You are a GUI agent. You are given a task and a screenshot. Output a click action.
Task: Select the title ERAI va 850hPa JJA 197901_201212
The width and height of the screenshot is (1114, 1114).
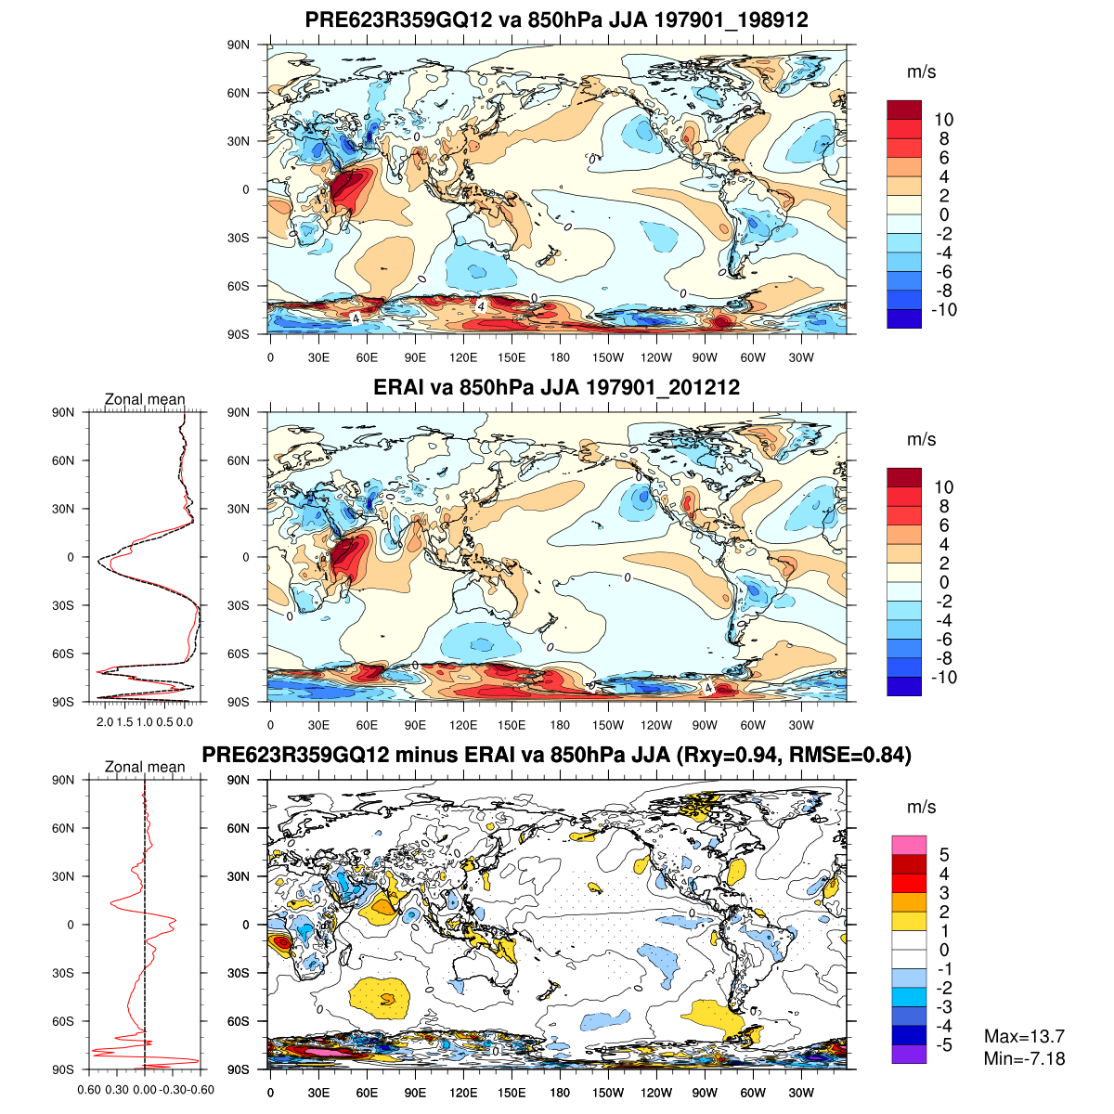(x=556, y=387)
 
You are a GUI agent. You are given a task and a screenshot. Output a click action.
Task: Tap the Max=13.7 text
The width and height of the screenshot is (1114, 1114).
(x=1024, y=1037)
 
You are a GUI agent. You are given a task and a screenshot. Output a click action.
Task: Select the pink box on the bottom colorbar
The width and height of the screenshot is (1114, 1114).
(x=909, y=845)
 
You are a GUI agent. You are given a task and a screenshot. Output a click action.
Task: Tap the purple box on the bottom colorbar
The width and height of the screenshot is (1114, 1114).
(x=909, y=1054)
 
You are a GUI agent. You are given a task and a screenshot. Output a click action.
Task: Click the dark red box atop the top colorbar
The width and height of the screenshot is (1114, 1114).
(x=904, y=110)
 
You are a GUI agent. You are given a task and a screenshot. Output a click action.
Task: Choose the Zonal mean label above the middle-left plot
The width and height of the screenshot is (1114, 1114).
(x=145, y=400)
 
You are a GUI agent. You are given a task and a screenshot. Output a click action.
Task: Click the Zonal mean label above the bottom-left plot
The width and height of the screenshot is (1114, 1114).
(x=145, y=767)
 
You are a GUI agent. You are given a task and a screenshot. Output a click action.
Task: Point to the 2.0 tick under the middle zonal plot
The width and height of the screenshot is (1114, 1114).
(x=105, y=721)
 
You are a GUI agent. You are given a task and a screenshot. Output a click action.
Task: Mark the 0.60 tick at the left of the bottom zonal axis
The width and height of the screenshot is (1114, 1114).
(x=89, y=1090)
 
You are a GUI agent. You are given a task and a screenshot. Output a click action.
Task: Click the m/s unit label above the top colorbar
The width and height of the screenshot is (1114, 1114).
(x=921, y=71)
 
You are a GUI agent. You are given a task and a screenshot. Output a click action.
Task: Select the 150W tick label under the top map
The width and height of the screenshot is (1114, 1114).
(x=608, y=357)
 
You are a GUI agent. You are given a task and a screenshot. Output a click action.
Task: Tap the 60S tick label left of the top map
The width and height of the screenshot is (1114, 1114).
(x=240, y=286)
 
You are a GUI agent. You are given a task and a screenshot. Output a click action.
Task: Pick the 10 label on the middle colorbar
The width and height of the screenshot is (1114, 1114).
(x=944, y=487)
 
